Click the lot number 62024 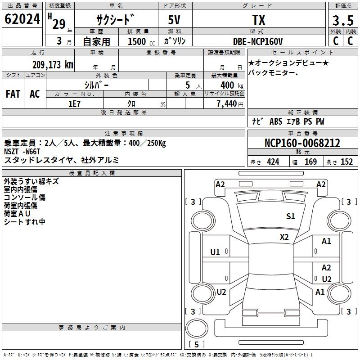pyautogui.click(x=22, y=19)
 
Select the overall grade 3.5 pyautogui.click(x=343, y=20)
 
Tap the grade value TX pyautogui.click(x=259, y=20)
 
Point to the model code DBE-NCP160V pyautogui.click(x=258, y=41)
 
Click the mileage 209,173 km pyautogui.click(x=53, y=65)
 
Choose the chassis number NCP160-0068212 pyautogui.click(x=302, y=143)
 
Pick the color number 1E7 pyautogui.click(x=74, y=104)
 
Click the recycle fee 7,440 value pyautogui.click(x=227, y=104)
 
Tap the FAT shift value pyautogui.click(x=13, y=94)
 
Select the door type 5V pyautogui.click(x=174, y=20)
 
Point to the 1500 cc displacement pyautogui.click(x=141, y=41)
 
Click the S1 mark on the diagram pyautogui.click(x=290, y=216)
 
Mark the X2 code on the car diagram pyautogui.click(x=284, y=237)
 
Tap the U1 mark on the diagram pyautogui.click(x=215, y=252)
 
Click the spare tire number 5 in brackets pyautogui.click(x=197, y=344)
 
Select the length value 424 pyautogui.click(x=273, y=162)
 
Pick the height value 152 pyautogui.click(x=346, y=162)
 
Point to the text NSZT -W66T pyautogui.click(x=22, y=152)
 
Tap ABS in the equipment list pyautogui.click(x=276, y=121)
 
